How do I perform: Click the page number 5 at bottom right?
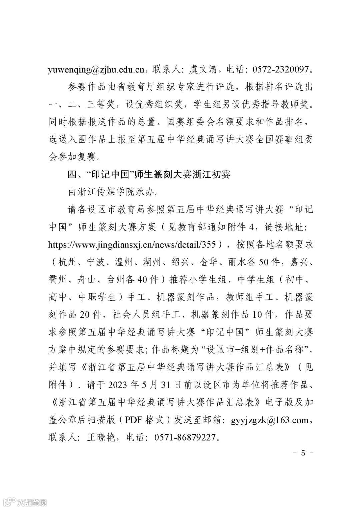pos(303,453)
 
